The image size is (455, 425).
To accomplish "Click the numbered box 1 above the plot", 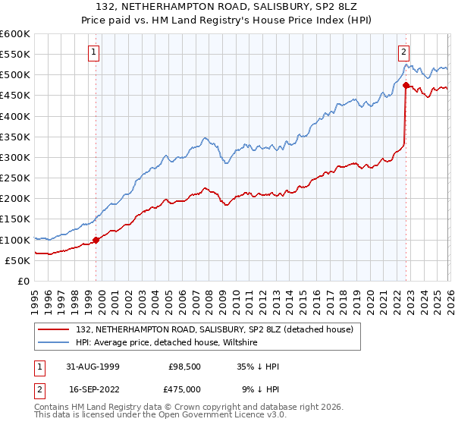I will point(93,52).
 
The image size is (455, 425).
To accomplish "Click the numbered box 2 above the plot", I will point(403,52).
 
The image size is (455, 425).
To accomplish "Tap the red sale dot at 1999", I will point(96,240).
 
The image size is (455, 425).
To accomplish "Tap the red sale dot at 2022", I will point(406,86).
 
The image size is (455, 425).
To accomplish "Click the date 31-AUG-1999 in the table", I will point(92,367).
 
